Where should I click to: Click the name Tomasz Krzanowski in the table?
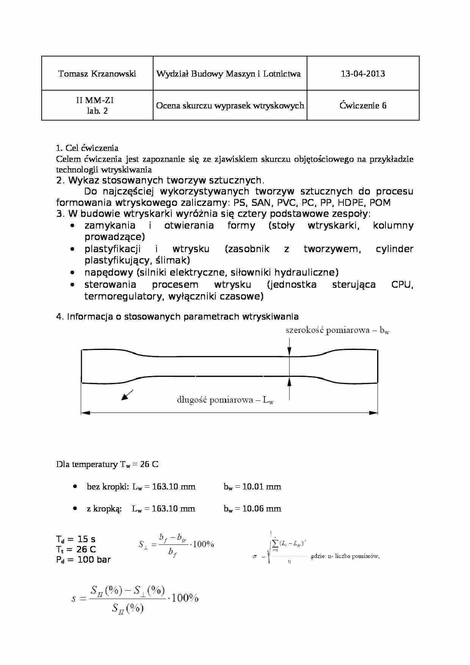click(x=97, y=74)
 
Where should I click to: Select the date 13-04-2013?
click(x=363, y=74)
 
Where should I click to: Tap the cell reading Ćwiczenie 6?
click(x=363, y=105)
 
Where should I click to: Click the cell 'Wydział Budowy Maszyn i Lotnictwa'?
click(x=229, y=74)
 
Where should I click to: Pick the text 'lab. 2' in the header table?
click(x=97, y=111)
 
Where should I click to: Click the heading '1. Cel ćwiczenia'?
click(x=87, y=148)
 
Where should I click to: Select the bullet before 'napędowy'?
click(x=72, y=272)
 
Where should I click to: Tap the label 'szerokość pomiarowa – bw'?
click(x=337, y=330)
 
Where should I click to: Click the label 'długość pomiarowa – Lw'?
click(x=225, y=400)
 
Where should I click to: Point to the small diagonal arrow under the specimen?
click(x=127, y=395)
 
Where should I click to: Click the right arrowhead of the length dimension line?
click(x=374, y=412)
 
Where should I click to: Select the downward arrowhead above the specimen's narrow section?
click(x=289, y=352)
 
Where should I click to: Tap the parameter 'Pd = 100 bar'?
click(x=83, y=560)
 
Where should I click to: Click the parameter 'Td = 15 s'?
click(x=76, y=539)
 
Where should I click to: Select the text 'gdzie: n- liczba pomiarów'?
click(x=345, y=556)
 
